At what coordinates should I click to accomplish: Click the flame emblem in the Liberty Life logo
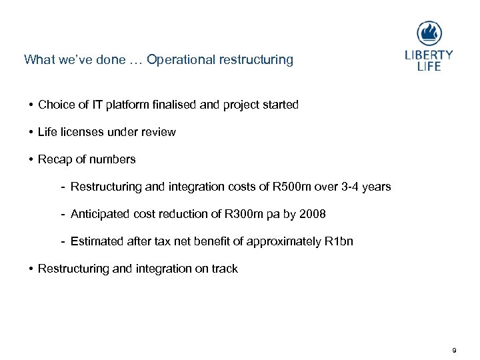429,33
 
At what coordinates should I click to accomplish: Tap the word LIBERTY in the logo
429,55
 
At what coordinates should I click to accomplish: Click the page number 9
454,350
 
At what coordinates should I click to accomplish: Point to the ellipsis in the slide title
135,60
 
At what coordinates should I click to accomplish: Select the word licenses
79,132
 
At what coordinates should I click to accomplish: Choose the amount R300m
241,214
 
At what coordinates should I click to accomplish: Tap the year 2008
313,214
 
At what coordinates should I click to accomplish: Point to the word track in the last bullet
225,269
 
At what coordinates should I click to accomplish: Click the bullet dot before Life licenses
31,132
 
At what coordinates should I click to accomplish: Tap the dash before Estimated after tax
62,241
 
